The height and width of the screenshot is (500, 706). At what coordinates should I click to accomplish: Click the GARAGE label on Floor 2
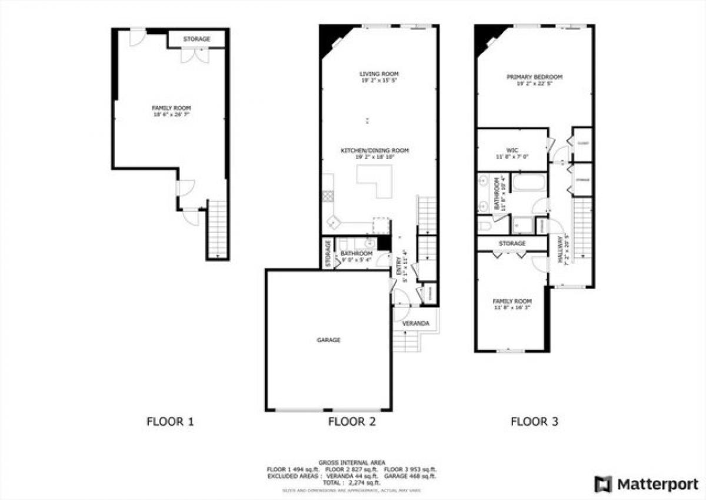(x=328, y=340)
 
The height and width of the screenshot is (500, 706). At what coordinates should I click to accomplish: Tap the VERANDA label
(x=415, y=324)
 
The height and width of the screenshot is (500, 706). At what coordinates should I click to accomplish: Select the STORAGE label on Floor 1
(x=196, y=39)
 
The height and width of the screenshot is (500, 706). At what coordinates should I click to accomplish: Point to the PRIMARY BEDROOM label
(x=535, y=77)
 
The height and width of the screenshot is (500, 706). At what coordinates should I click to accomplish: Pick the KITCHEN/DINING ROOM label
(x=375, y=151)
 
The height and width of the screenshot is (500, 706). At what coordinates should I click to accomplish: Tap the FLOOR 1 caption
(x=169, y=422)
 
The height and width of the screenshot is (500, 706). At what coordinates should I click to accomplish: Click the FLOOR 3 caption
(x=534, y=422)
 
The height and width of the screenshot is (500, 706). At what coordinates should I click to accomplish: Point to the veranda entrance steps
(x=406, y=342)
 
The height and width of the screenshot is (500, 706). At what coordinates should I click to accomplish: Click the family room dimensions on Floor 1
(x=171, y=115)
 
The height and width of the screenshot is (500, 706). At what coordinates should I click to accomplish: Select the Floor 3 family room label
(x=511, y=301)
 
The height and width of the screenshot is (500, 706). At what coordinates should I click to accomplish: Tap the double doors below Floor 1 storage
(x=194, y=55)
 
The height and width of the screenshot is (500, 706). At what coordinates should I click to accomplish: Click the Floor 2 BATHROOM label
(x=357, y=253)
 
